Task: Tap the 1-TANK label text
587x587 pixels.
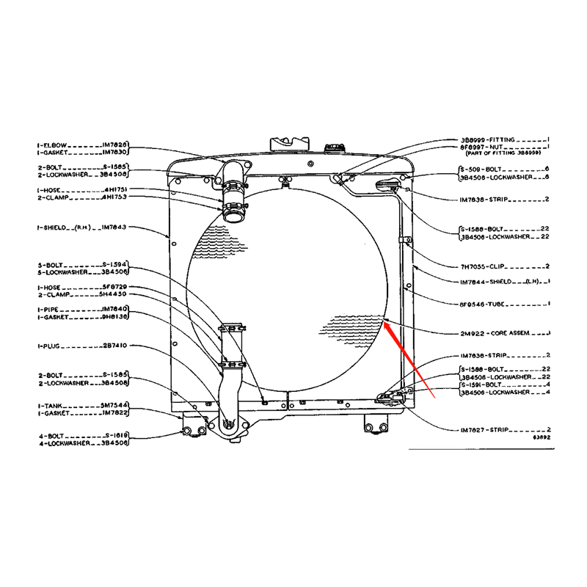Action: pos(51,405)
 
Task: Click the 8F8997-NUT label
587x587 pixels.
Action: pos(482,147)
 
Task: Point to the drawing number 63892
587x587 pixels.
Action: pos(542,437)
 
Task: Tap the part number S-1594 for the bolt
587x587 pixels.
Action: pos(116,266)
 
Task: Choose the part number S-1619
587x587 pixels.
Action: pos(116,436)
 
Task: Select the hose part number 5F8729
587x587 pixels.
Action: pos(114,287)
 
